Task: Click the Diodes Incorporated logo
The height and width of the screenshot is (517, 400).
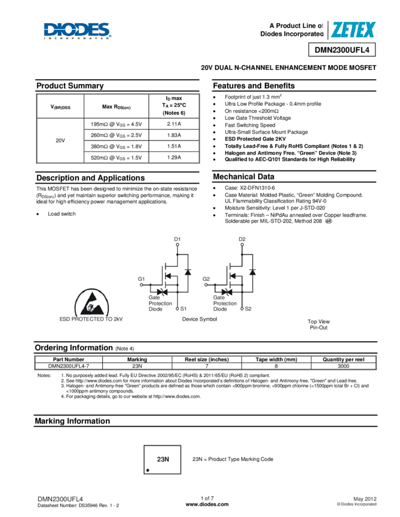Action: [77, 30]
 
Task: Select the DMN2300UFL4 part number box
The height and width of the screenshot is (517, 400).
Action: [342, 50]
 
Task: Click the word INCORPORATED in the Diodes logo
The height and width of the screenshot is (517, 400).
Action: [77, 38]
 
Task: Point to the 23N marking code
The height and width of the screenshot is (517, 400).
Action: [163, 460]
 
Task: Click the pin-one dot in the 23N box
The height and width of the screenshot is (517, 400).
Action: [148, 470]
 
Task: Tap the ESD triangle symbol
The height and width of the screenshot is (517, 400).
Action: [93, 302]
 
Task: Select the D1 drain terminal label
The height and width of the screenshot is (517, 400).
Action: [177, 238]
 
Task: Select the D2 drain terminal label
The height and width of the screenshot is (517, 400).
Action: [242, 238]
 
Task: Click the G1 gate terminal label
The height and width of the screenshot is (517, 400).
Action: [141, 279]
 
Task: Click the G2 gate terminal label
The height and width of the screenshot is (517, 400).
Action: [206, 279]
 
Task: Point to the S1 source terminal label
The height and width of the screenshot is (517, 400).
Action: [183, 309]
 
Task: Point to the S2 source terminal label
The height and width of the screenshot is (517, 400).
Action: [248, 309]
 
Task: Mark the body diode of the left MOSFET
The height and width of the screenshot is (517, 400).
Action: [188, 271]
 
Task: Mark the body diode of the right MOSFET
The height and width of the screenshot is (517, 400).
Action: [253, 271]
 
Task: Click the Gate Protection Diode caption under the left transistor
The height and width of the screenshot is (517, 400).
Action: [160, 303]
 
